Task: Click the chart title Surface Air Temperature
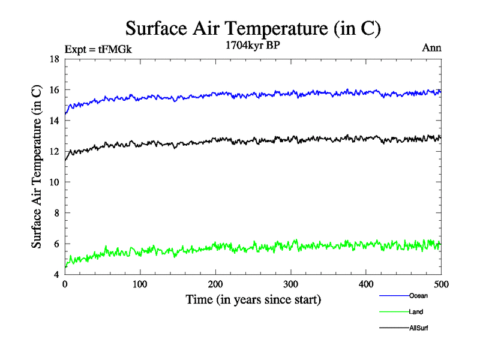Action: coord(253,28)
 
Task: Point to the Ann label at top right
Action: coord(432,48)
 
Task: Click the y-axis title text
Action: coord(37,167)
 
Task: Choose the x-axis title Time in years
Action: coord(253,299)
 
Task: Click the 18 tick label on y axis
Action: coord(54,59)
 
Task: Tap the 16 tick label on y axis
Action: coord(54,90)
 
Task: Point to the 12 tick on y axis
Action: coord(54,151)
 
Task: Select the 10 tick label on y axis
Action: coord(54,182)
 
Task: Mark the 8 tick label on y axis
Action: coord(57,213)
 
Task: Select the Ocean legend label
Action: coord(418,296)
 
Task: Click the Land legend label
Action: coord(416,312)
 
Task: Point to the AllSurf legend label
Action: coord(419,328)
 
